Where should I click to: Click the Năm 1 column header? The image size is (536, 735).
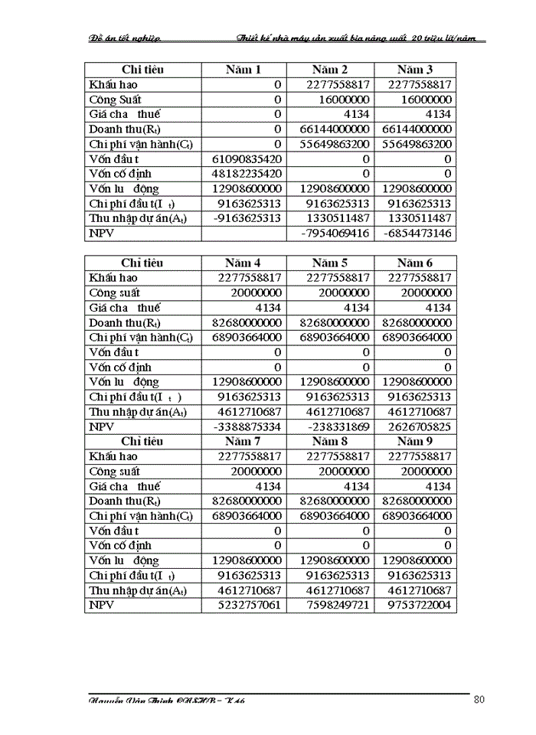243,70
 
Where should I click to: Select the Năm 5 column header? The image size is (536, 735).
330,263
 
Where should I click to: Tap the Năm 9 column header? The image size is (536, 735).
415,442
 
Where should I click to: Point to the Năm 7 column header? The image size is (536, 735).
243,442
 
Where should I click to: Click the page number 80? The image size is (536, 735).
479,699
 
